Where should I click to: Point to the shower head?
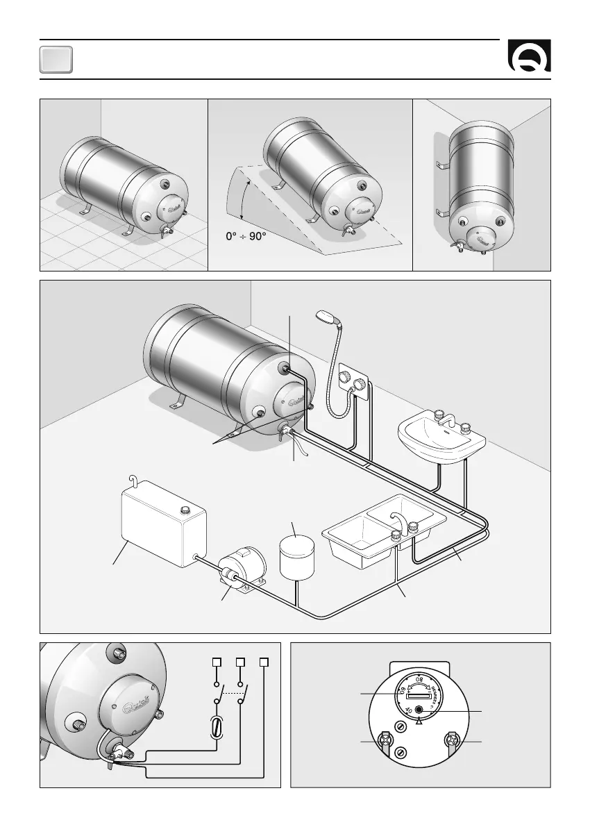[326, 317]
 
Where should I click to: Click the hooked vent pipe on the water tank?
[134, 479]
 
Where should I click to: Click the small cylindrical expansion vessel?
[297, 555]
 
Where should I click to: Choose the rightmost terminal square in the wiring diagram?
[264, 662]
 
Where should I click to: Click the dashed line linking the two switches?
[232, 694]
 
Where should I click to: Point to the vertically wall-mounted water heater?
[481, 187]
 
